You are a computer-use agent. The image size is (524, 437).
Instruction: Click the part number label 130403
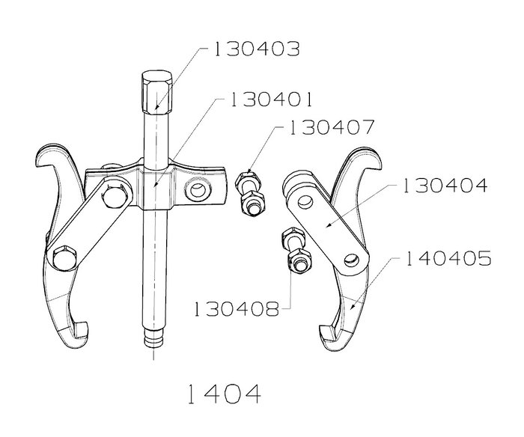click(256, 49)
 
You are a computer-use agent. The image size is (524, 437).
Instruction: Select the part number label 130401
click(271, 100)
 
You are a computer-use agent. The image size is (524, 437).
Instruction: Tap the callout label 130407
click(331, 127)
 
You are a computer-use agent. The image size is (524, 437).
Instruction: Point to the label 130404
click(445, 186)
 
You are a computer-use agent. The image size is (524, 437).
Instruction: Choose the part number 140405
click(448, 258)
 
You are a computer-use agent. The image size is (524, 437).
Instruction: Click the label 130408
click(236, 309)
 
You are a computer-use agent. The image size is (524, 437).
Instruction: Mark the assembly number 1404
click(224, 394)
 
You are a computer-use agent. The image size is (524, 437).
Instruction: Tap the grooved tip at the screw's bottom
click(153, 338)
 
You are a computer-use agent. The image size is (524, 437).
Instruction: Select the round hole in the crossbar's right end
click(198, 190)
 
